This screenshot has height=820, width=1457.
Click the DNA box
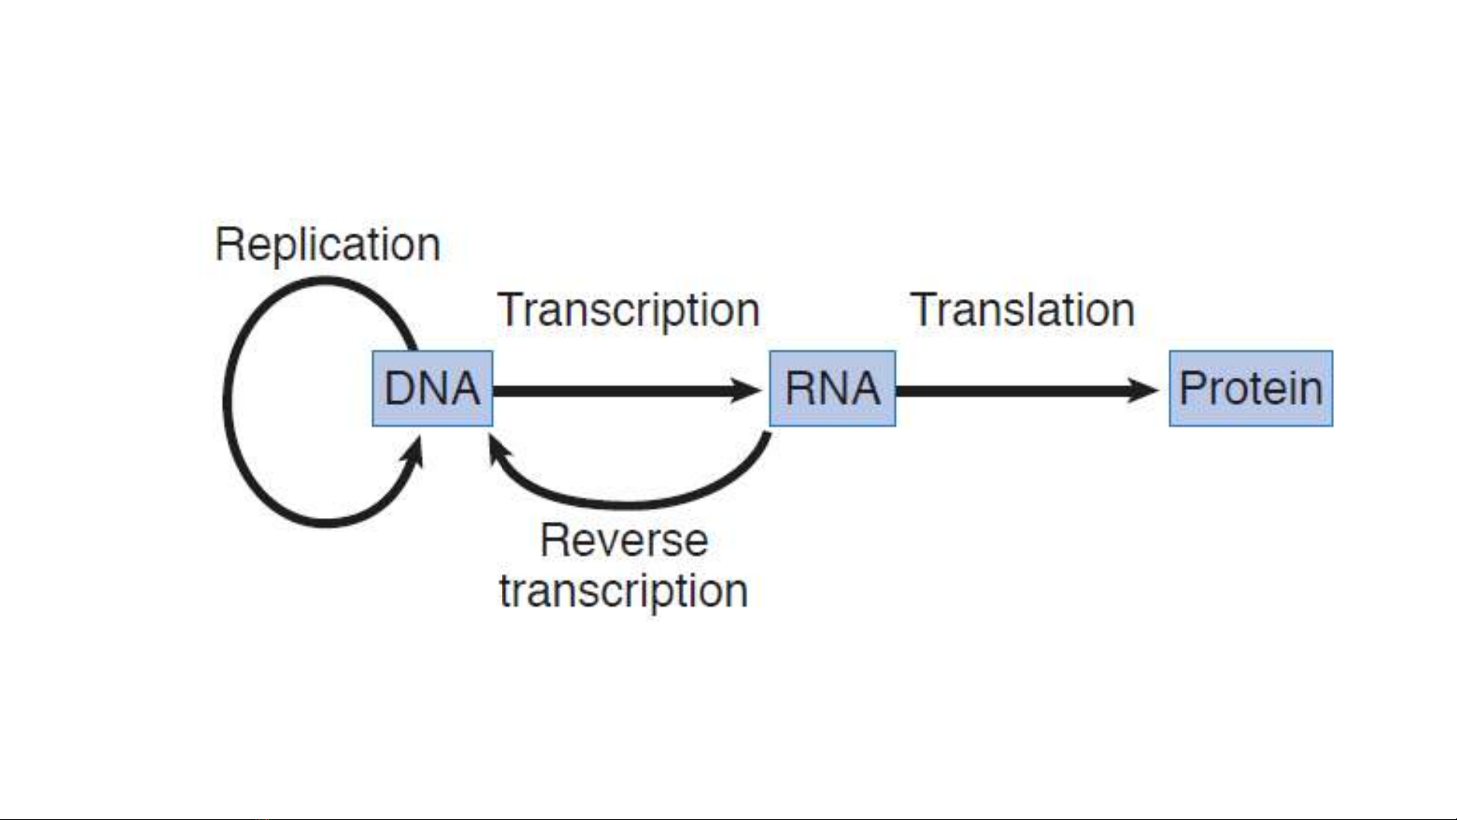432,388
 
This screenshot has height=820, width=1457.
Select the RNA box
832,388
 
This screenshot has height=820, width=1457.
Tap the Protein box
1251,388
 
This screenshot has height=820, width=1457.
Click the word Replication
328,245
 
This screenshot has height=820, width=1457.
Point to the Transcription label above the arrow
629,311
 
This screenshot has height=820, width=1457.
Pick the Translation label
1022,310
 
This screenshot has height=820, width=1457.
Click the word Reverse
624,541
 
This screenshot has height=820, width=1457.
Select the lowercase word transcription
623,591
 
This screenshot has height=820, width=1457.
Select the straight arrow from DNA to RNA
627,391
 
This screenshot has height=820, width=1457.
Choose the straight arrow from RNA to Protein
1028,391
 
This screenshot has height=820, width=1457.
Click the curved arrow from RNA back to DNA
630,503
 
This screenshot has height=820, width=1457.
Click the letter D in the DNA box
400,388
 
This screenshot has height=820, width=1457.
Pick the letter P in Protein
1192,388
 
